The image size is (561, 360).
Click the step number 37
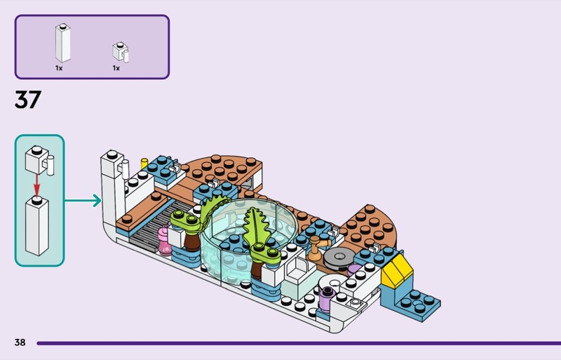(x=28, y=100)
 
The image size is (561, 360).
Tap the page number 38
(x=20, y=342)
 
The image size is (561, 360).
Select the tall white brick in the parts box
(x=62, y=43)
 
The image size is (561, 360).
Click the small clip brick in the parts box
(x=121, y=52)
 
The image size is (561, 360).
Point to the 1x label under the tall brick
(x=59, y=68)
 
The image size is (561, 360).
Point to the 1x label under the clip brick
(x=116, y=68)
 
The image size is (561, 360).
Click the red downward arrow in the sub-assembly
(x=36, y=185)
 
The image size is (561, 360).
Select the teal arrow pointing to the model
(x=83, y=201)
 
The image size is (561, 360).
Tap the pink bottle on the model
(x=165, y=239)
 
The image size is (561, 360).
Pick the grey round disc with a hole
(x=339, y=258)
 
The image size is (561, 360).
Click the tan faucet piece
(x=318, y=248)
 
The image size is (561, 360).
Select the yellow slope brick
(x=396, y=269)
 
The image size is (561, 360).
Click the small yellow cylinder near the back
(x=144, y=164)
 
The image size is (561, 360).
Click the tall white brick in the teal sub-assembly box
(x=37, y=226)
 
